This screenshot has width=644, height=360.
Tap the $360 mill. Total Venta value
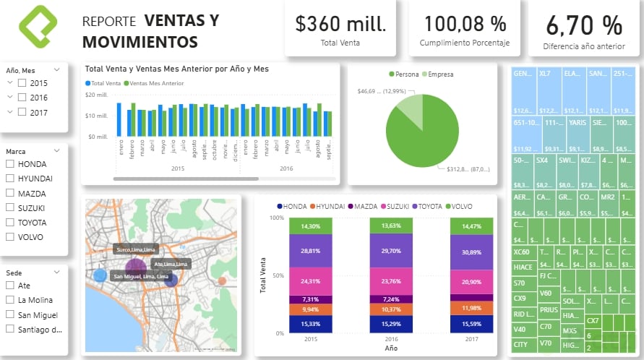click(340, 24)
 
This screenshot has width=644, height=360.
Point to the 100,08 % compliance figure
click(465, 24)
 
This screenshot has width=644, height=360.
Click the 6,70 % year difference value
click(584, 25)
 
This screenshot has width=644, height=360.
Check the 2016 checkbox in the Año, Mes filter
click(22, 98)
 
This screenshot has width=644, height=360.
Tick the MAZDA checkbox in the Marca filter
click(10, 193)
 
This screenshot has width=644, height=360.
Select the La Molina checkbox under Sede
click(10, 300)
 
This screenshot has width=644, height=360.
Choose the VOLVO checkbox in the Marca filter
click(10, 236)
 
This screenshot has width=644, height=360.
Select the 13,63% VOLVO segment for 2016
click(390, 226)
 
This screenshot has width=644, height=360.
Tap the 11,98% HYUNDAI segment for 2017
click(471, 309)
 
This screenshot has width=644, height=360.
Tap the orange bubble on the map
click(222, 281)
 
